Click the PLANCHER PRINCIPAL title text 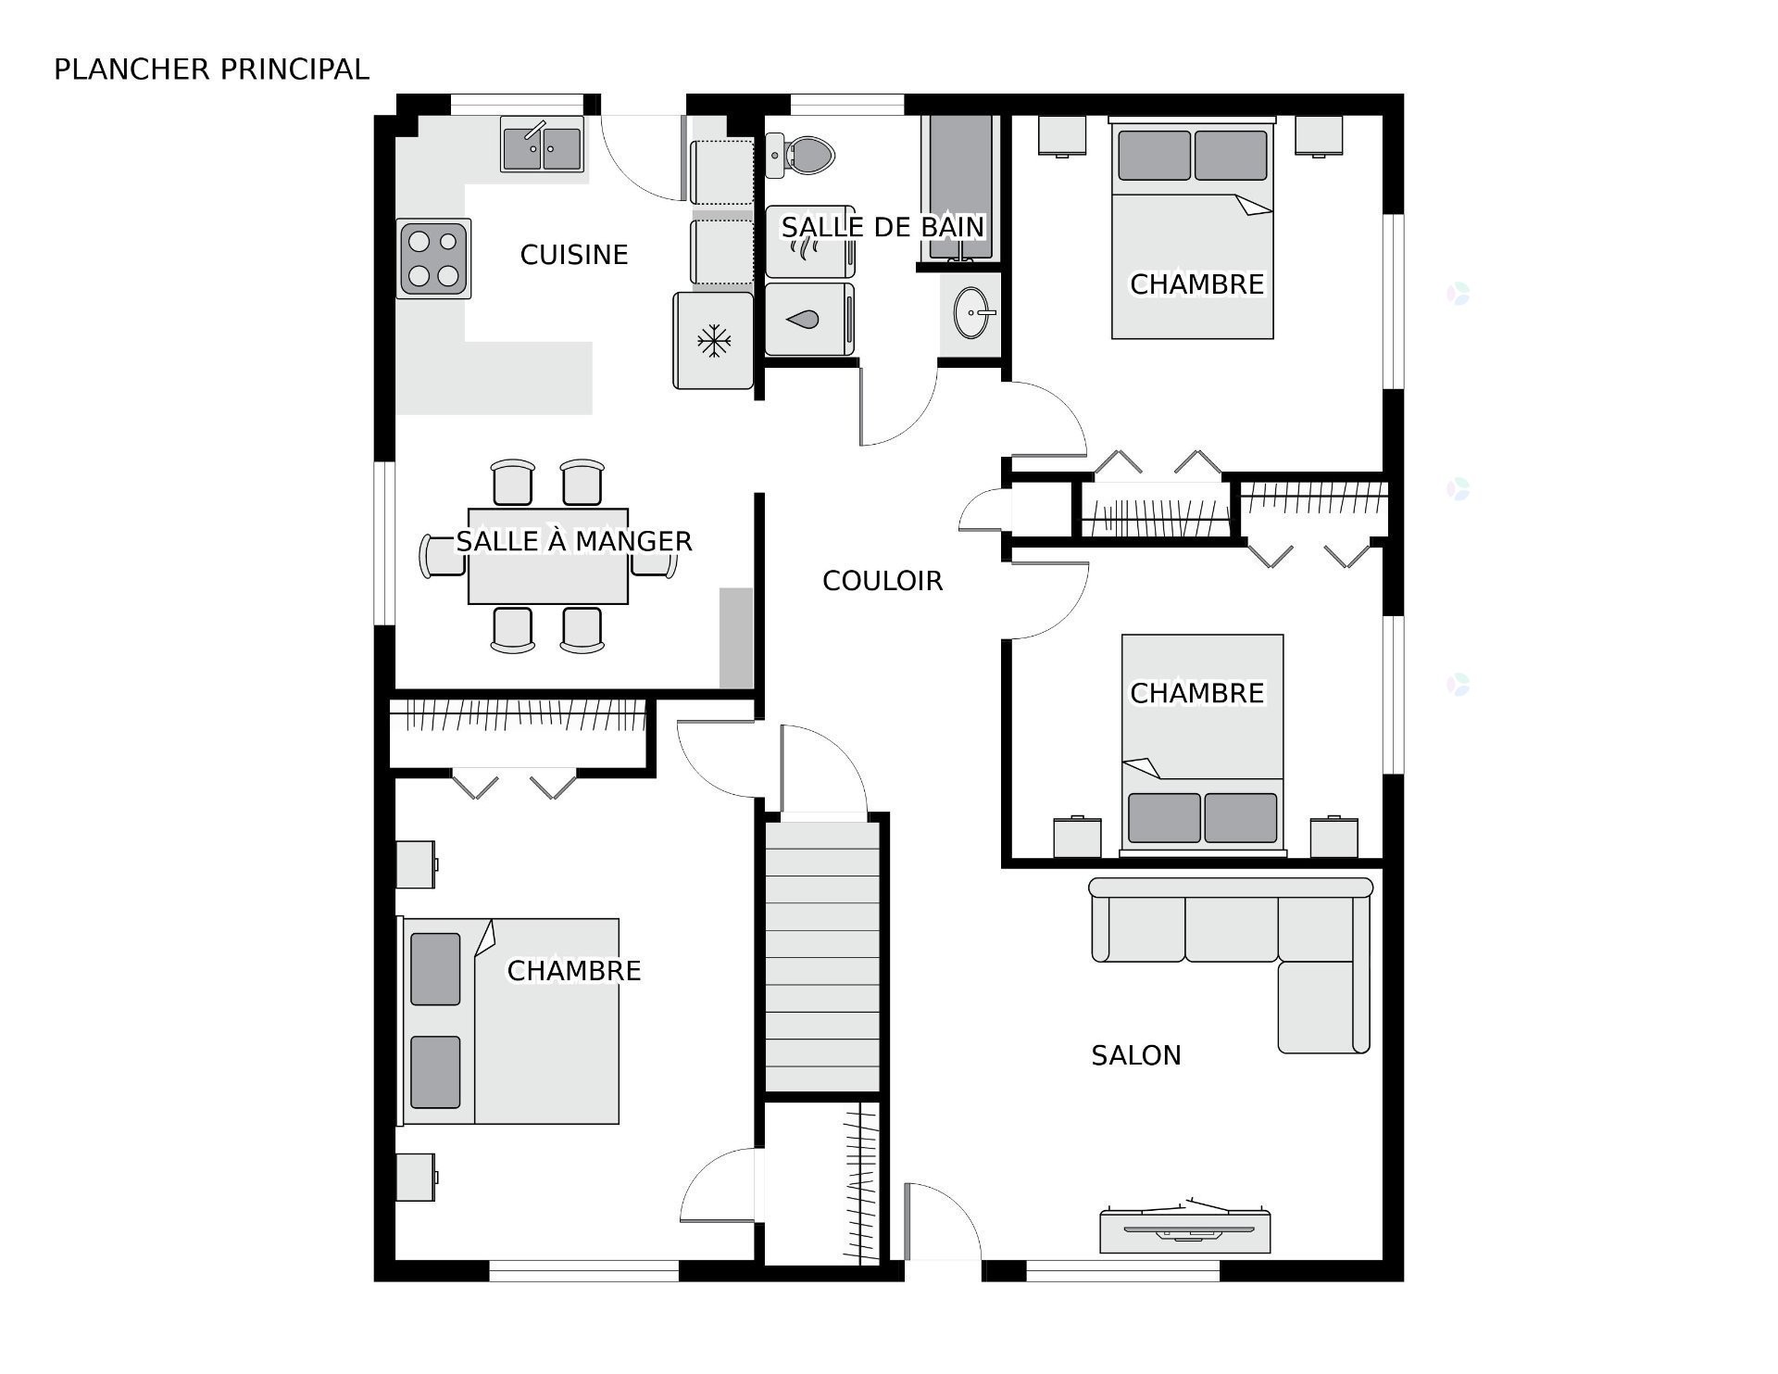coord(211,69)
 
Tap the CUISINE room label coord(574,255)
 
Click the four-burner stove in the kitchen coord(433,258)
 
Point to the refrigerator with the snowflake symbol coord(713,341)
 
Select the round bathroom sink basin coord(971,313)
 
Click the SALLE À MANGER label coord(574,541)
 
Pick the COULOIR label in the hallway coord(883,581)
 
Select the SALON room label coord(1135,1055)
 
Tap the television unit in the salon coord(1184,1230)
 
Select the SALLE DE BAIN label coord(883,227)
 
